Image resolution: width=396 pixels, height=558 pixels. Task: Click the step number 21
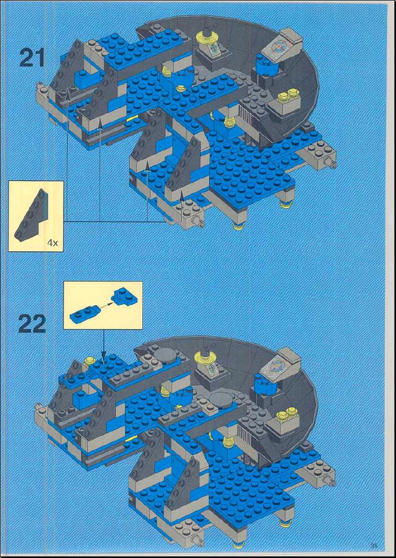pos(32,58)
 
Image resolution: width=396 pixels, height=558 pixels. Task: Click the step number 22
pos(32,324)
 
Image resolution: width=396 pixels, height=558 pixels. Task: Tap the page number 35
pos(374,545)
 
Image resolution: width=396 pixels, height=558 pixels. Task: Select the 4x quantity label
pos(52,243)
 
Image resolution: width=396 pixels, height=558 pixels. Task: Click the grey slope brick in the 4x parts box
pos(30,215)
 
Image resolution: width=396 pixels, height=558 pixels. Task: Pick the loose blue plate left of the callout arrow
pos(83,312)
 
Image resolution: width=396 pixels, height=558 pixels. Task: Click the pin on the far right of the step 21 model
pos(333,164)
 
